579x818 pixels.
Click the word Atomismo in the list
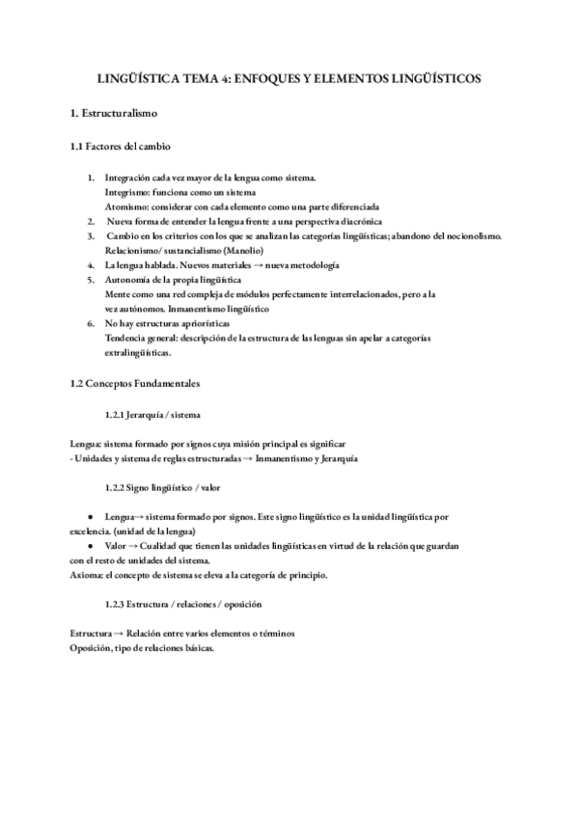124,206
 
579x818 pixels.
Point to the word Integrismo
126,192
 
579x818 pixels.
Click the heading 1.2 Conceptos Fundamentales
135,383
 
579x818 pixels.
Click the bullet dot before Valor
91,545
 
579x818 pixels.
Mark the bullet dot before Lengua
91,517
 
